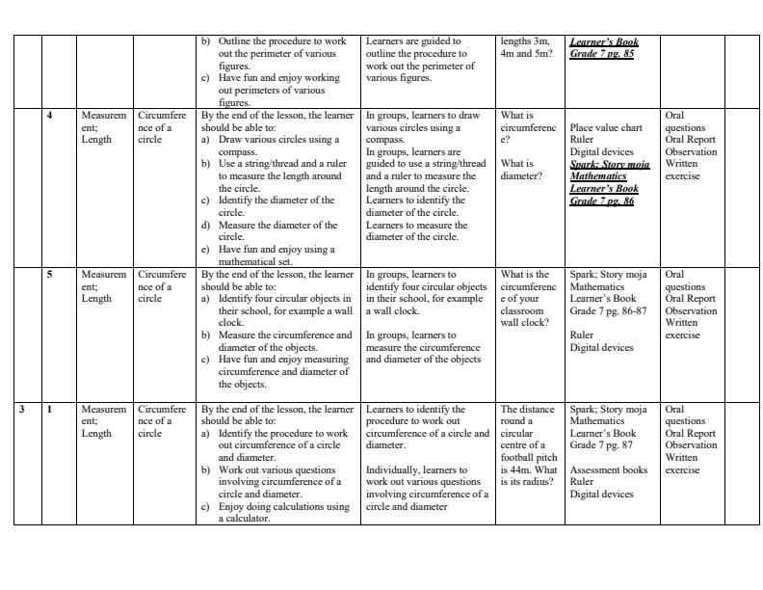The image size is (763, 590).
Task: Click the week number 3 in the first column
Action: point(21,410)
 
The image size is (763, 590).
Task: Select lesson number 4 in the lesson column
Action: point(50,116)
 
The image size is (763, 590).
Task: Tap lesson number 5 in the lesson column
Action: point(50,275)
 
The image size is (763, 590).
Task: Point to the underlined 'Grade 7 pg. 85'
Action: point(602,54)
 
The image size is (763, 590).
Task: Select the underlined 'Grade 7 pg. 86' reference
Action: point(602,201)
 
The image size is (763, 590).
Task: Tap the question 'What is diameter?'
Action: point(521,170)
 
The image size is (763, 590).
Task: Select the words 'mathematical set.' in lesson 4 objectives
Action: point(257,261)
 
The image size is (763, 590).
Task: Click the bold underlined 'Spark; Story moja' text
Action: point(609,165)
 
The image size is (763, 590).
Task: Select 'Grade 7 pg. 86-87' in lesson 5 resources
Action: point(608,311)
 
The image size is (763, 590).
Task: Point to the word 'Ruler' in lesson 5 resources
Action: point(582,335)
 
